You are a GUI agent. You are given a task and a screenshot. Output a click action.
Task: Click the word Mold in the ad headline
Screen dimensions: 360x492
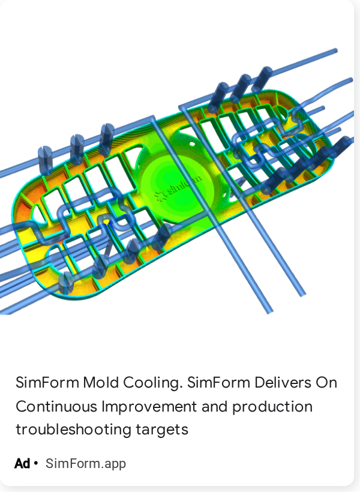(x=101, y=382)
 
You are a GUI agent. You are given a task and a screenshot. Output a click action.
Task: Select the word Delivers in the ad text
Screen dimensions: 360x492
(x=283, y=382)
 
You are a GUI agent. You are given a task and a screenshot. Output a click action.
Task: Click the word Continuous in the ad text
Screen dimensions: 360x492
(x=56, y=406)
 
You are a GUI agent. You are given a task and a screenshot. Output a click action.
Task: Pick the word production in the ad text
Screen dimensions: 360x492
(x=272, y=407)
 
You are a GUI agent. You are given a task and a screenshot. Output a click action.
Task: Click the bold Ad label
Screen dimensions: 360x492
(x=22, y=463)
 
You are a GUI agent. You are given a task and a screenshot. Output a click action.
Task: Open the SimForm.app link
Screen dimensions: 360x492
(x=86, y=464)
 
